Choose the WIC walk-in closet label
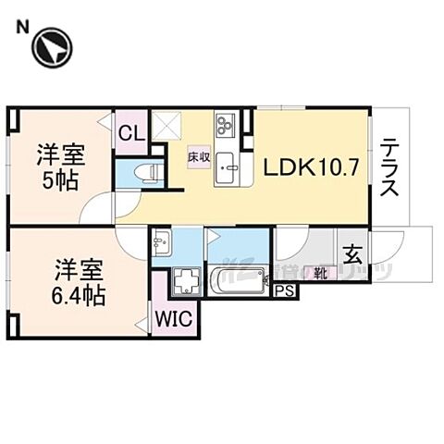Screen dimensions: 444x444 click(x=173, y=320)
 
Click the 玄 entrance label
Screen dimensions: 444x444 click(x=353, y=253)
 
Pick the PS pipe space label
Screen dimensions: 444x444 click(x=285, y=291)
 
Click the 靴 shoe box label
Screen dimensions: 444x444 click(x=318, y=273)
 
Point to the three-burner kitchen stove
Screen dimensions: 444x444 click(x=226, y=124)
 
